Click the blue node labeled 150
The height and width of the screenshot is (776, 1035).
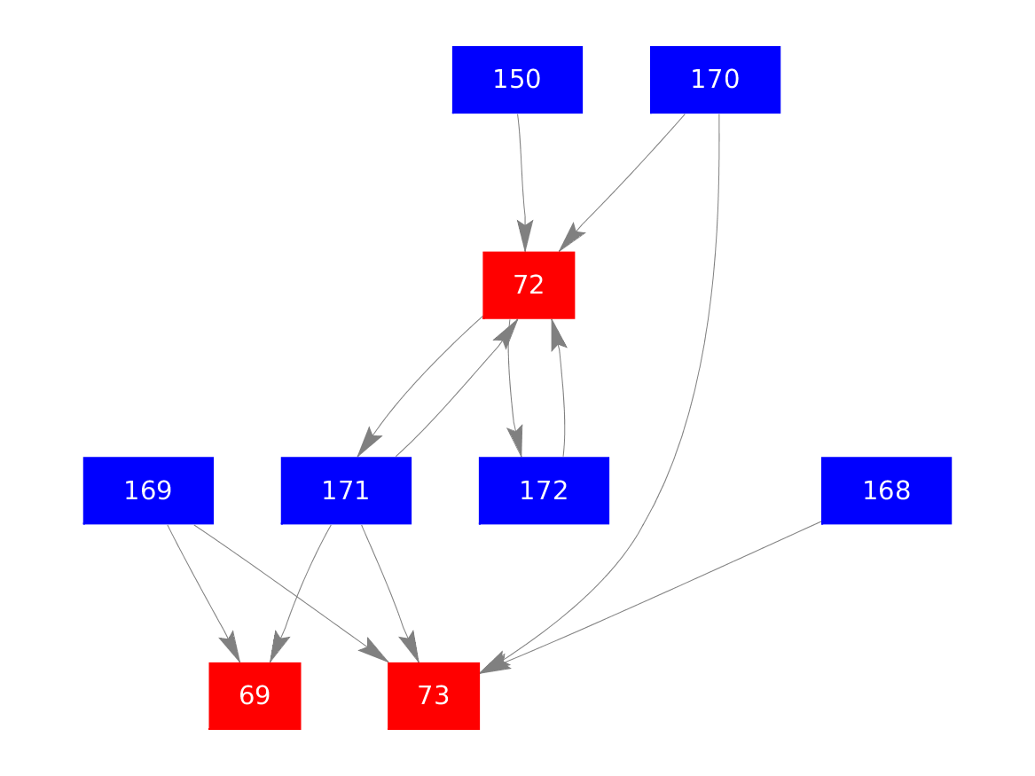click(x=517, y=80)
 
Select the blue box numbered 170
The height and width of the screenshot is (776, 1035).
click(x=715, y=80)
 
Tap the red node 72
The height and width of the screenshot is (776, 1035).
click(x=529, y=285)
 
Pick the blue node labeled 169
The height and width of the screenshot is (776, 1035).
click(x=148, y=490)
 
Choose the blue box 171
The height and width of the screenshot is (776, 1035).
click(x=346, y=490)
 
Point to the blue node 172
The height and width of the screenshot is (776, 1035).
click(x=544, y=490)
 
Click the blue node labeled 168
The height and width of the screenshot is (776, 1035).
click(x=886, y=490)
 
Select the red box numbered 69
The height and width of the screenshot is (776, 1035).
click(x=255, y=695)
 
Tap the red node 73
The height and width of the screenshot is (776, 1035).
click(x=434, y=695)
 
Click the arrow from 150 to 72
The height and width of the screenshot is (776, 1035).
click(x=521, y=177)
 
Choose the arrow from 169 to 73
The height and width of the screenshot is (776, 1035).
click(x=284, y=589)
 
